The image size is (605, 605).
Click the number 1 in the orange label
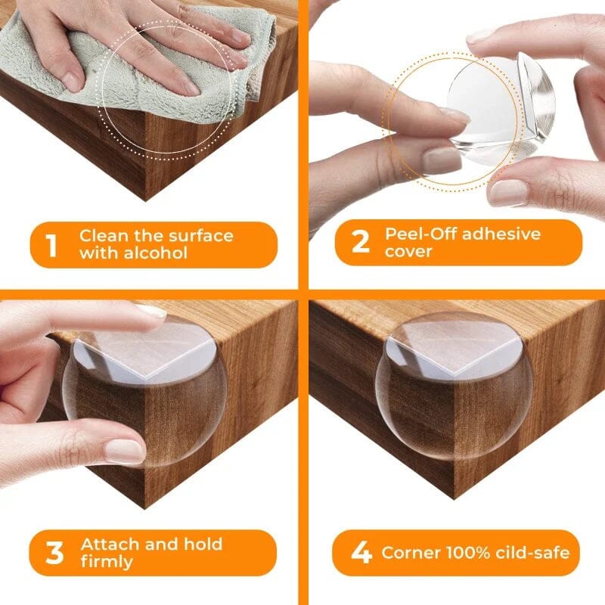tap(51, 245)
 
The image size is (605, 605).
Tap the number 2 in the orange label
tap(361, 242)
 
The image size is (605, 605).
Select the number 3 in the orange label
tap(54, 553)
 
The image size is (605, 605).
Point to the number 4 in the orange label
tap(361, 553)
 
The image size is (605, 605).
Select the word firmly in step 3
tap(107, 562)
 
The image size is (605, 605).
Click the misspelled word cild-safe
tap(532, 553)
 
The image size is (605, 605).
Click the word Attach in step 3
tap(110, 544)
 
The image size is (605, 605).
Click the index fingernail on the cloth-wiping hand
tap(73, 81)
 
